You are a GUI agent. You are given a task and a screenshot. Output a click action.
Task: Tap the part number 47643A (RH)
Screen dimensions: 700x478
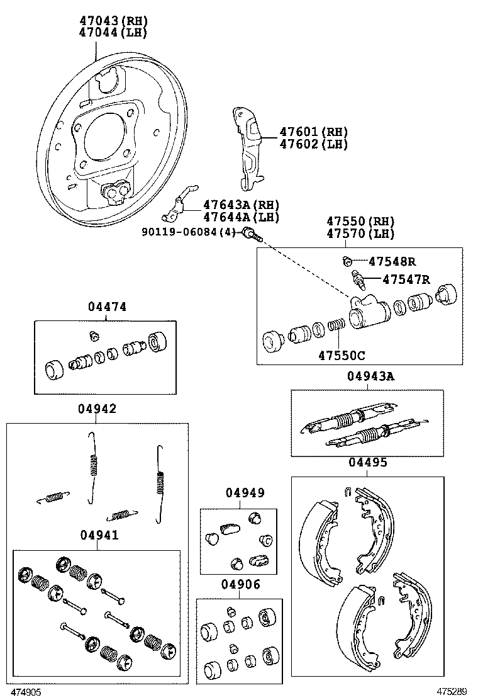pyautogui.click(x=241, y=205)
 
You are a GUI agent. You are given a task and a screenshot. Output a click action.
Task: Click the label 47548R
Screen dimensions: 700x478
pyautogui.click(x=392, y=261)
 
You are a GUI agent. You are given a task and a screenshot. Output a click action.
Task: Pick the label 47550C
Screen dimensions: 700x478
pyautogui.click(x=341, y=355)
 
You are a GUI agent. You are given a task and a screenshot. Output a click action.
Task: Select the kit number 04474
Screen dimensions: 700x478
pyautogui.click(x=107, y=307)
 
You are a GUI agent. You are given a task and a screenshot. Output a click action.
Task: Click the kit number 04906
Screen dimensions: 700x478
pyautogui.click(x=240, y=585)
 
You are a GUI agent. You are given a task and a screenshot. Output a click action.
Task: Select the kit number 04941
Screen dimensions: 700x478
pyautogui.click(x=99, y=535)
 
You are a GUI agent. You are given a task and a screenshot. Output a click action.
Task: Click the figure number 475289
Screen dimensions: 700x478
pyautogui.click(x=453, y=691)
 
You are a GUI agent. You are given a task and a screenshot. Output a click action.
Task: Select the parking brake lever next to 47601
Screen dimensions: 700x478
pyautogui.click(x=249, y=148)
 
